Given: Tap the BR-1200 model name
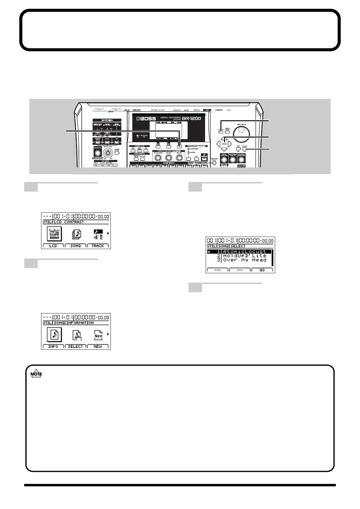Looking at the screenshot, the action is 191,118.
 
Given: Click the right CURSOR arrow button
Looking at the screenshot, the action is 230,144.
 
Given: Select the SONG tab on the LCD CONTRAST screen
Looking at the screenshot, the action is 76,246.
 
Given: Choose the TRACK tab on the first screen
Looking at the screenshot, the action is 98,246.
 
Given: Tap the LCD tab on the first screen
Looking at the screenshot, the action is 53,246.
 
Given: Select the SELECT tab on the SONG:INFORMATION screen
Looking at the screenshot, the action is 76,346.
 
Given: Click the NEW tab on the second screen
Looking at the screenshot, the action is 98,346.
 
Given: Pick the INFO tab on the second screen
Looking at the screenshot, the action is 53,346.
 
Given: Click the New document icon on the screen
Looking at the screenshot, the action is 98,335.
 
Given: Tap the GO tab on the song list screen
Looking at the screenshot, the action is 262,270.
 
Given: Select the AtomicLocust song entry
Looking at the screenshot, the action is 244,251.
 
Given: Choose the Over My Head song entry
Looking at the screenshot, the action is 244,260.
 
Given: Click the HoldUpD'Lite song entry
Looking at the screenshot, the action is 244,256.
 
